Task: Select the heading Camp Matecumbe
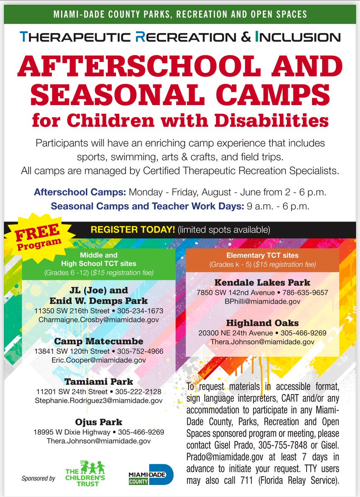click(x=99, y=341)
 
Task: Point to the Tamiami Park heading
click(x=99, y=381)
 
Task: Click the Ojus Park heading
click(x=99, y=422)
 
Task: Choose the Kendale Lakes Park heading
click(x=263, y=283)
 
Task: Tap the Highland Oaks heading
click(x=263, y=323)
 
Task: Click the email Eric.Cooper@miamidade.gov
click(x=99, y=360)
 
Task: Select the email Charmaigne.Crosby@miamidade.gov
click(x=99, y=320)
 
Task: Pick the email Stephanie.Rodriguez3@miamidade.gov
click(x=99, y=401)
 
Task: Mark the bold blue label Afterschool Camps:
click(x=80, y=192)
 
